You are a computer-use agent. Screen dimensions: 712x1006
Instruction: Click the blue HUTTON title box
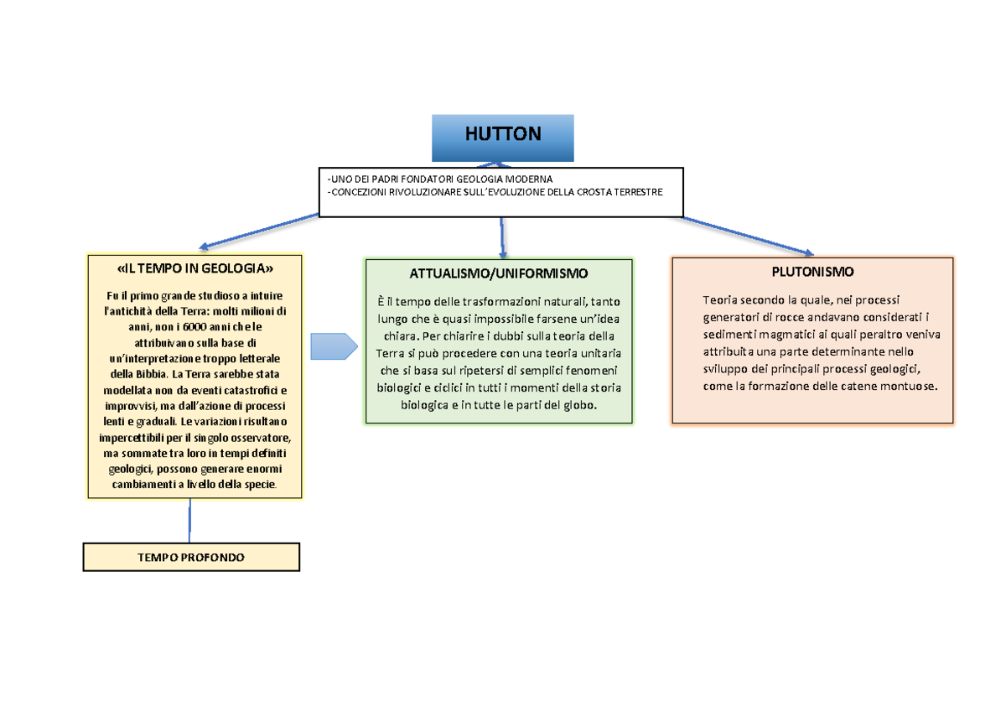[503, 138]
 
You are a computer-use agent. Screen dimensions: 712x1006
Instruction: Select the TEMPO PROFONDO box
[191, 557]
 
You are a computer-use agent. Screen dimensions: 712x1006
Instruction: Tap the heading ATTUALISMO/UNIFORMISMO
[499, 273]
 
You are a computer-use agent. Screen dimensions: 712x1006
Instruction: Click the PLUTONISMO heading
[812, 272]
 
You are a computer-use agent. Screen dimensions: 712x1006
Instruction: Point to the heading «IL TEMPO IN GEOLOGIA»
[195, 268]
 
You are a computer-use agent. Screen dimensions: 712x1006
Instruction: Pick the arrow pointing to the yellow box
[260, 231]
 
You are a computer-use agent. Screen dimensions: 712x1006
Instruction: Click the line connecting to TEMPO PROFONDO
[190, 520]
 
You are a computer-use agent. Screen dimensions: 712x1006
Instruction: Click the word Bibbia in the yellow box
[147, 373]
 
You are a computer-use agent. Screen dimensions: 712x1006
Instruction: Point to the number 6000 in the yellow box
[186, 326]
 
